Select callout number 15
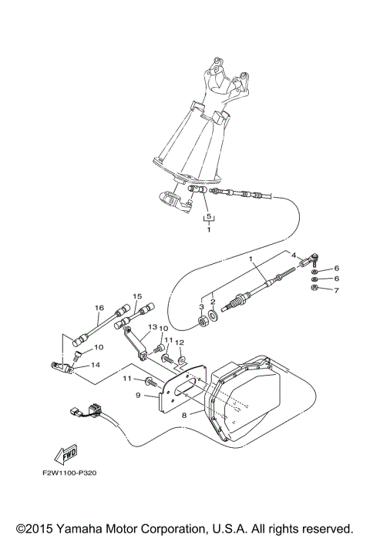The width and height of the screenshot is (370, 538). point(137,296)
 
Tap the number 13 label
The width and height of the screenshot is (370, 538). point(153,327)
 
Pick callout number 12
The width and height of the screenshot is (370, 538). point(180,342)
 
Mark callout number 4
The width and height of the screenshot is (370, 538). point(294,255)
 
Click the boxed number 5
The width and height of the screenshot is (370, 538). point(207,218)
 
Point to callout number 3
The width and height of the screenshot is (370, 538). point(202,306)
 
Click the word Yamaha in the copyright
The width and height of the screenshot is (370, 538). point(83,529)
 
